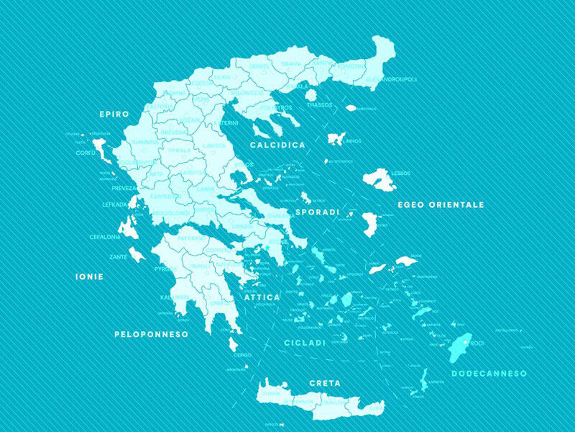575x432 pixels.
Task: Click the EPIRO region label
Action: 114,114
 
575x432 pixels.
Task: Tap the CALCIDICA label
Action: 277,145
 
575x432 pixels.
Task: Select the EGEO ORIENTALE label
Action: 441,204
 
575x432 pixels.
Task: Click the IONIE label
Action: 90,276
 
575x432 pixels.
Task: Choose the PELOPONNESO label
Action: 151,334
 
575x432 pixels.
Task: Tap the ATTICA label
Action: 262,297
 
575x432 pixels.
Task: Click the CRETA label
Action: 324,383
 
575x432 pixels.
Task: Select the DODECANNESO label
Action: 489,373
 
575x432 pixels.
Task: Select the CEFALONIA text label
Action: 105,236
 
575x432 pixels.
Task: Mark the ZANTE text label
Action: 119,256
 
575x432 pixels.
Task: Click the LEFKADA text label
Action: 114,204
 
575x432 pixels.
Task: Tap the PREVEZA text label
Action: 124,188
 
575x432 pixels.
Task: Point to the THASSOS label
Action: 320,104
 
